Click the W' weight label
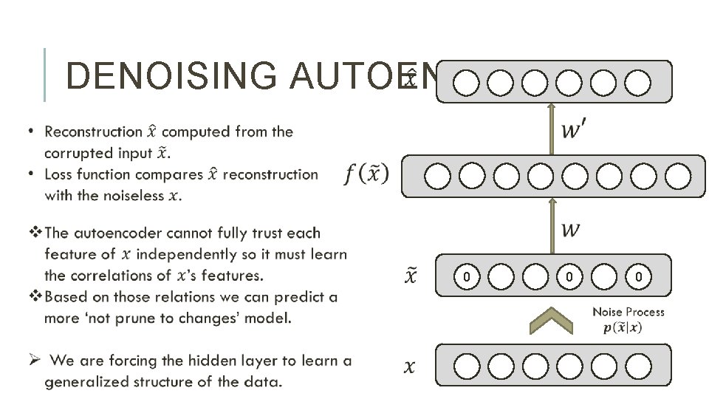pyautogui.click(x=576, y=130)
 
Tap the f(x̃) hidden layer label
pyautogui.click(x=366, y=175)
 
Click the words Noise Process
pyautogui.click(x=628, y=313)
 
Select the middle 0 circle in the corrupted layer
pyautogui.click(x=569, y=276)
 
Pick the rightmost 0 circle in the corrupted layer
pyautogui.click(x=638, y=276)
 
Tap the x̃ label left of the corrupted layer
pyautogui.click(x=411, y=276)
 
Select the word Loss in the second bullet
pyautogui.click(x=59, y=175)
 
